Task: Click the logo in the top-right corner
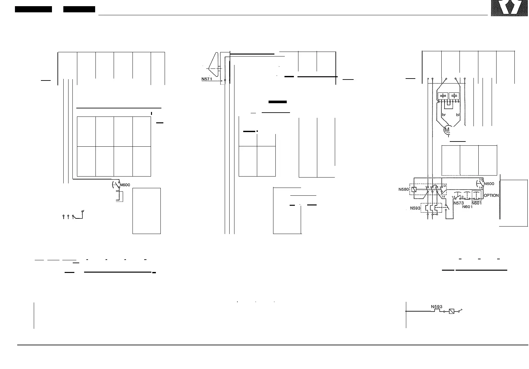click(x=509, y=8)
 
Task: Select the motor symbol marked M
click(x=447, y=130)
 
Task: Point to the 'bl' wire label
click(x=458, y=115)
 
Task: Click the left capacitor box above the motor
click(x=443, y=96)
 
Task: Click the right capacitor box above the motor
click(x=454, y=96)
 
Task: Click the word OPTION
click(x=491, y=196)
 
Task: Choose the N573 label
click(x=459, y=203)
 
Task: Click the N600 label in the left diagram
click(x=125, y=185)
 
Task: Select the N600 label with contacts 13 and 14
click(x=489, y=184)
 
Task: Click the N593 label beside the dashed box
click(x=415, y=208)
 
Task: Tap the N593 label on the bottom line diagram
click(x=436, y=307)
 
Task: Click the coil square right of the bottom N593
click(x=451, y=311)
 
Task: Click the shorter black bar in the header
click(x=79, y=9)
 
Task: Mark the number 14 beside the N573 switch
click(x=454, y=197)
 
